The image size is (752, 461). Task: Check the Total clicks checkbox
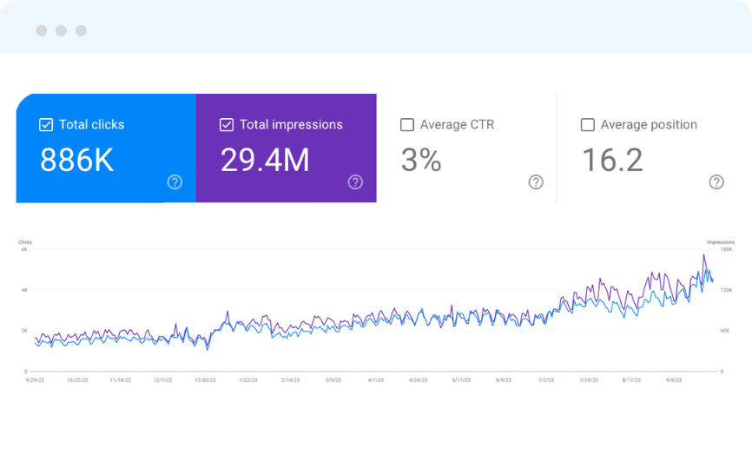click(x=46, y=125)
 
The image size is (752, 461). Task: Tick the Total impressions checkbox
click(x=227, y=125)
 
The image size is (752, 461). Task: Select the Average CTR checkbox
click(x=407, y=125)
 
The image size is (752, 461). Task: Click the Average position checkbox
click(x=588, y=125)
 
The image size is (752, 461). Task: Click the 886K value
click(x=77, y=161)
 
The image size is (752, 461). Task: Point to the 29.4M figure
click(x=265, y=161)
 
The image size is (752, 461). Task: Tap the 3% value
click(x=421, y=161)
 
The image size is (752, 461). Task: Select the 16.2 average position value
click(x=613, y=161)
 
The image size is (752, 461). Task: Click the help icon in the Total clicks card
click(x=175, y=181)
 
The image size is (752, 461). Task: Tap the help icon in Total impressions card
click(x=355, y=181)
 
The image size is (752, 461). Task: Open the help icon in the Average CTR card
click(x=536, y=181)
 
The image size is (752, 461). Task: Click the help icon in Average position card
click(x=716, y=181)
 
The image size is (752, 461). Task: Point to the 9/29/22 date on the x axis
click(x=36, y=379)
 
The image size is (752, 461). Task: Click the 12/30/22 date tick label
click(x=205, y=379)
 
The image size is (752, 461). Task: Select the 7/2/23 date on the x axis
click(x=546, y=379)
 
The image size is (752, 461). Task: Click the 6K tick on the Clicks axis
click(x=25, y=249)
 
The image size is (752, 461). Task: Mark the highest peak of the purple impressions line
click(x=704, y=254)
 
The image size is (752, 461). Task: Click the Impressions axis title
click(x=721, y=242)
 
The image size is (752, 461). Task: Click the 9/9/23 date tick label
click(x=674, y=379)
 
